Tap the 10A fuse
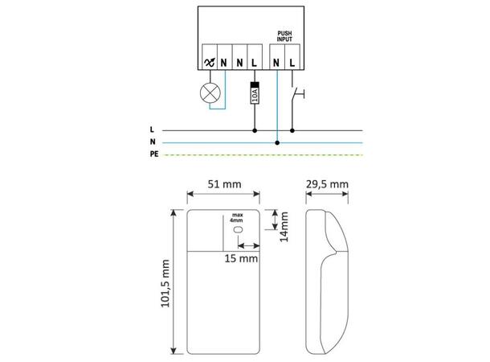pos(255,93)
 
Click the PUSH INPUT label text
pos(285,38)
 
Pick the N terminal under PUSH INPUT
pos(277,60)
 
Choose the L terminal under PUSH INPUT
pos(292,60)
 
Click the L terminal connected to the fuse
pos(255,60)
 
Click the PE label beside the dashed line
pos(154,154)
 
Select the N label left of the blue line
pos(153,142)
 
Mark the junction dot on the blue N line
pos(277,142)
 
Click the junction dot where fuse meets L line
pos(255,130)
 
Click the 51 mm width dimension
pos(224,184)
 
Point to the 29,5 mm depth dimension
pos(328,184)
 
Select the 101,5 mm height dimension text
pos(165,284)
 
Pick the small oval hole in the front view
pos(239,230)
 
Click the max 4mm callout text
pos(237,218)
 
